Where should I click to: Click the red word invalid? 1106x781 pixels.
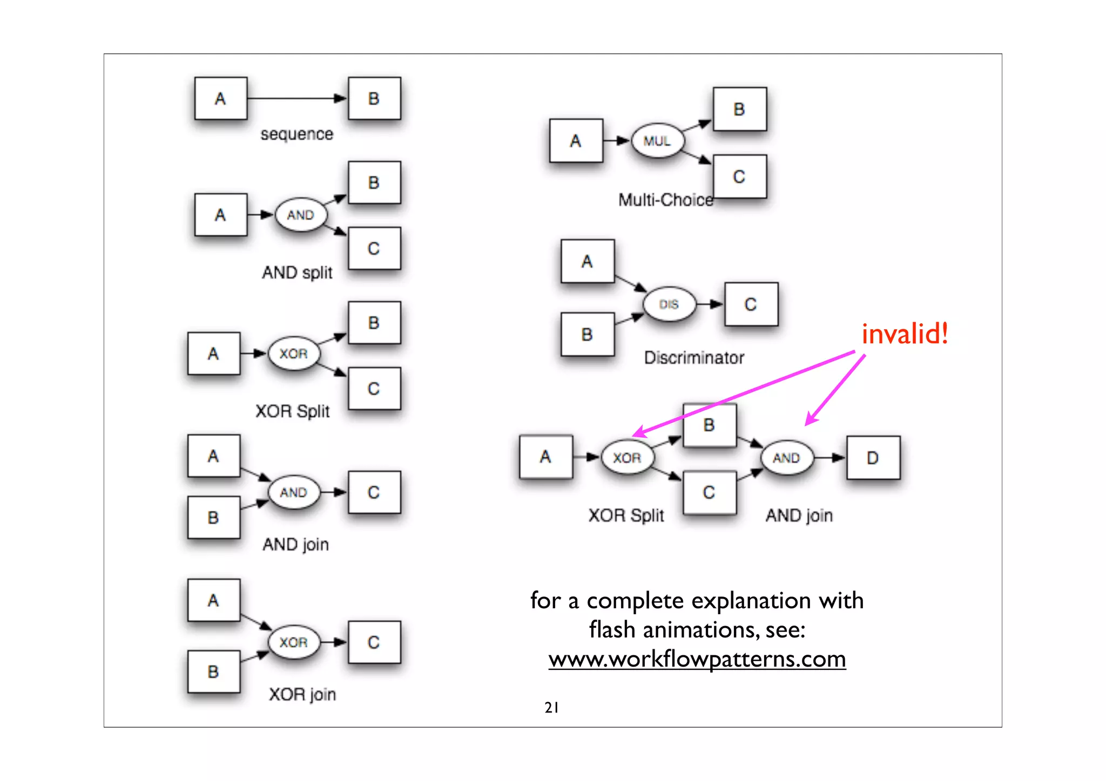(x=905, y=334)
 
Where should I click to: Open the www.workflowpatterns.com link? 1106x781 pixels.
(x=697, y=659)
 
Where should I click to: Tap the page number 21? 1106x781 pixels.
(x=551, y=707)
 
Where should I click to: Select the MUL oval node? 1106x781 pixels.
(x=657, y=141)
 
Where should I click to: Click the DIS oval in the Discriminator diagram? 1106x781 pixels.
(x=669, y=304)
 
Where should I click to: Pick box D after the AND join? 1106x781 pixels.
(x=873, y=458)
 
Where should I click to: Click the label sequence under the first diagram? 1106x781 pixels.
(x=296, y=134)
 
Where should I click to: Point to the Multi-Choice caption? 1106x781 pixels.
(x=665, y=200)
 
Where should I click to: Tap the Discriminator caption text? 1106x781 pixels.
(x=694, y=357)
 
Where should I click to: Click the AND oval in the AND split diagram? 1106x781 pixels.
(x=300, y=215)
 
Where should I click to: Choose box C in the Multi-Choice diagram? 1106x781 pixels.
(x=739, y=176)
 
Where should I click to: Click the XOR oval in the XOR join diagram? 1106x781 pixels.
(x=293, y=642)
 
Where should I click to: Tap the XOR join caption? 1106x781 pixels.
(x=302, y=694)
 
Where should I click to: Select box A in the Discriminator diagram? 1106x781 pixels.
(x=587, y=261)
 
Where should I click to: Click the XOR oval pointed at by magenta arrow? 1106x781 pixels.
(x=626, y=458)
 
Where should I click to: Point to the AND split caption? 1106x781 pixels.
(x=297, y=273)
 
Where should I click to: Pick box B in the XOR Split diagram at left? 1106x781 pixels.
(x=374, y=323)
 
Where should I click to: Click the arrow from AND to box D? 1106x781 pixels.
(x=829, y=458)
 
